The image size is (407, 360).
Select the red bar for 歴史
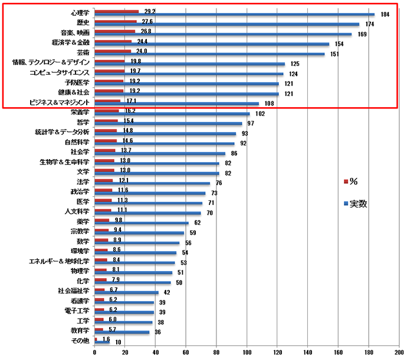click(116, 21)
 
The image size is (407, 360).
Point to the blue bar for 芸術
click(209, 54)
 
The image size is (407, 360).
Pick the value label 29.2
click(150, 11)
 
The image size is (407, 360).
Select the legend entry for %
click(354, 180)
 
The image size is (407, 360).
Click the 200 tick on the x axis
click(399, 353)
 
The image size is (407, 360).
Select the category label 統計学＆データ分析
click(62, 132)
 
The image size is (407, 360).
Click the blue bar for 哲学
click(168, 124)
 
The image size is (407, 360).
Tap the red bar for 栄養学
click(107, 111)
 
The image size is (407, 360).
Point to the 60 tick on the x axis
click(186, 353)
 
